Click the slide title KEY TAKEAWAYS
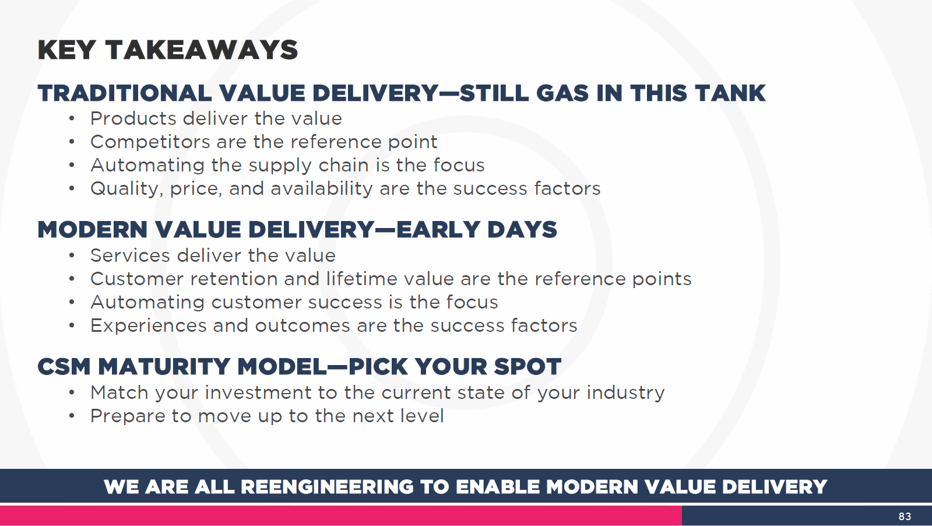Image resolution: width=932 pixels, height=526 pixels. [168, 50]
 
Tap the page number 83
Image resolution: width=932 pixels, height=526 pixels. [905, 517]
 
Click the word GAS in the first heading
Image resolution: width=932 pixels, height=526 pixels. [562, 93]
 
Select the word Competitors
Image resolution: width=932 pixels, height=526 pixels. [150, 142]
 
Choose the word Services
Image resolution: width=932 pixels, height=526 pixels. [130, 255]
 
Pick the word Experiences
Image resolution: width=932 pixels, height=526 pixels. [148, 325]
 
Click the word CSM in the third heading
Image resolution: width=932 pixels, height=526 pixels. [64, 367]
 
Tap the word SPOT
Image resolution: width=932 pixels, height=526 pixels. [527, 367]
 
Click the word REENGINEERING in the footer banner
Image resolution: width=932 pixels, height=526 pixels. [328, 487]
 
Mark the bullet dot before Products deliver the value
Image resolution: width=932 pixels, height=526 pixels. [72, 118]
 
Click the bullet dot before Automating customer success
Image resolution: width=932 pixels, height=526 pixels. [72, 302]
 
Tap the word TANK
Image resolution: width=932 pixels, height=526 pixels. [730, 93]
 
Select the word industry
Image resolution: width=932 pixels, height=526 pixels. [625, 393]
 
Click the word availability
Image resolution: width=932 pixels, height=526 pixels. [322, 189]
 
